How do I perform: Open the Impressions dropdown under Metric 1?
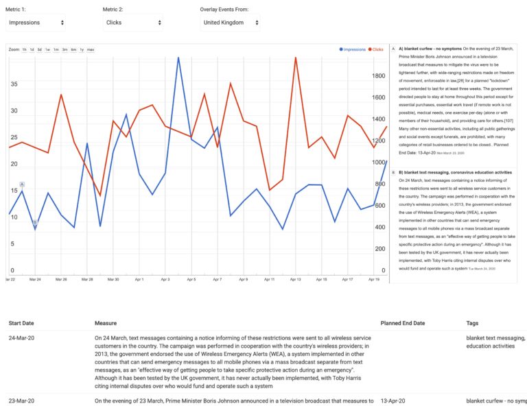point(36,23)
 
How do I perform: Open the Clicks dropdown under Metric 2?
point(133,23)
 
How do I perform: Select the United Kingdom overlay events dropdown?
point(230,23)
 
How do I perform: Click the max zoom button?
point(91,50)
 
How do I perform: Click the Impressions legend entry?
point(354,50)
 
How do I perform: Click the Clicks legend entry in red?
point(377,50)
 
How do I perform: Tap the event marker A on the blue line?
point(22,184)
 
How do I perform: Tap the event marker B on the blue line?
point(35,222)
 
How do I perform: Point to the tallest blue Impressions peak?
point(178,58)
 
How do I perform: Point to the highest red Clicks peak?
point(296,58)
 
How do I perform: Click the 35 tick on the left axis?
point(14,84)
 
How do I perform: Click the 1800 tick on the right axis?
point(378,77)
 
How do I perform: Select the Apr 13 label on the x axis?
point(295,280)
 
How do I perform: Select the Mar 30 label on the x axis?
point(113,280)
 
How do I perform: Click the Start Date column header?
point(21,322)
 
